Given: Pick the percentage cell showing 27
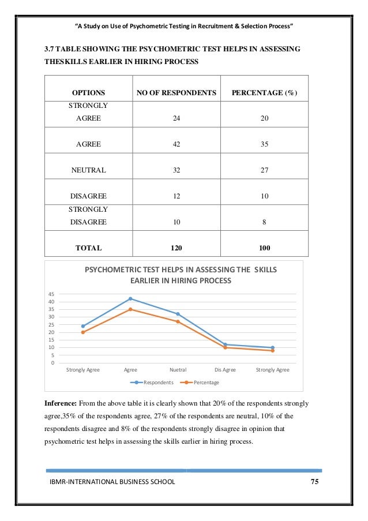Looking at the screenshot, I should click(x=264, y=170).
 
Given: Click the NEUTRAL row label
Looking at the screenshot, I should click(x=88, y=170).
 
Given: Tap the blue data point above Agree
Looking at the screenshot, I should click(x=130, y=299).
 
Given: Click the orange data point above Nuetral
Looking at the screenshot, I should click(x=178, y=321).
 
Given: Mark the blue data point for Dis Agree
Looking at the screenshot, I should click(x=225, y=344).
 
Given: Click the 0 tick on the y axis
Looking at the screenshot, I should click(x=53, y=363).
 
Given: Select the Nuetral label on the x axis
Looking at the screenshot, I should click(x=178, y=370).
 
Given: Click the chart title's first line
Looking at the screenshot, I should click(x=181, y=270).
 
